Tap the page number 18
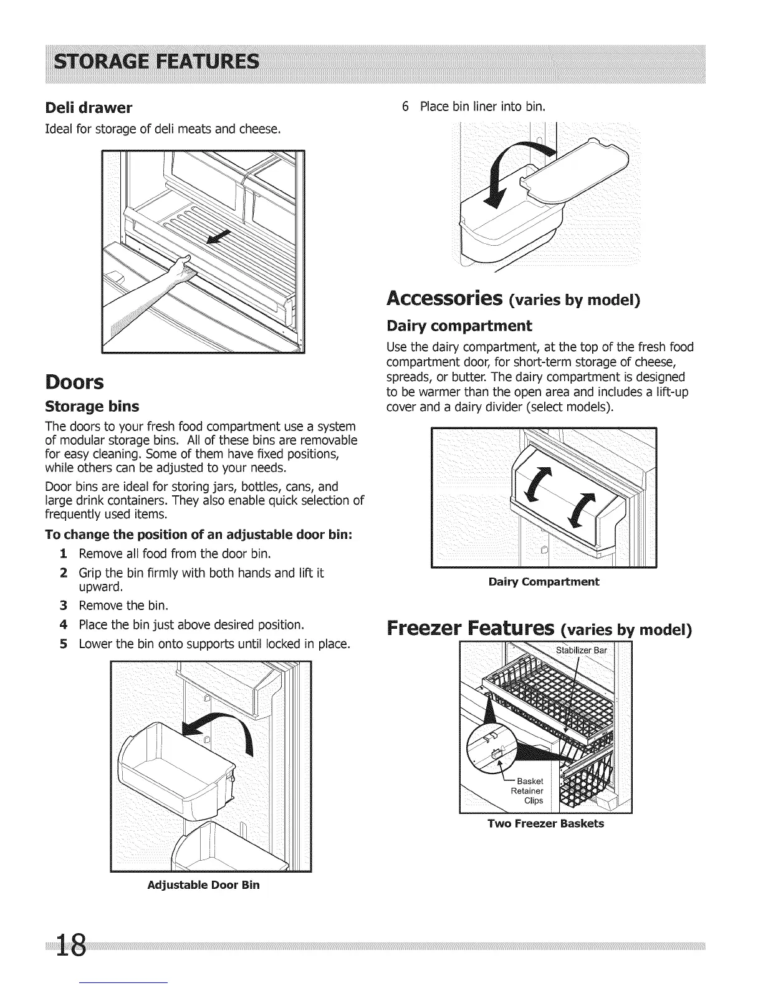(x=70, y=952)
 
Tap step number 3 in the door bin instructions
(x=64, y=606)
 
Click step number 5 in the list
(x=64, y=643)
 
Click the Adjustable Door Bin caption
(x=203, y=884)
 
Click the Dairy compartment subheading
(x=459, y=326)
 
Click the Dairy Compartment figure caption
(x=544, y=581)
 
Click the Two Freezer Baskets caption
(x=545, y=823)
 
